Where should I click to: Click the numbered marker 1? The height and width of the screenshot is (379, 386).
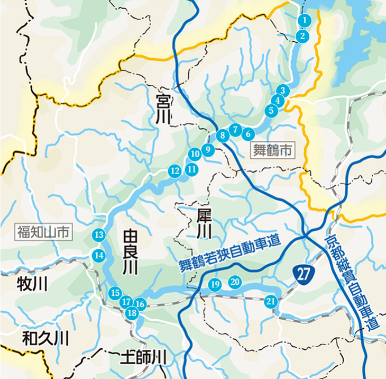(305, 20)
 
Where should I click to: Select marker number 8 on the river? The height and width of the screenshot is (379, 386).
(223, 135)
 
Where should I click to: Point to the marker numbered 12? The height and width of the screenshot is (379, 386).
(174, 170)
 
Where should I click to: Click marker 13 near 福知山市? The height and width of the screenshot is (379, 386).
(99, 234)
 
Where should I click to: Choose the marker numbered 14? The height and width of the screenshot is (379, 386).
(99, 255)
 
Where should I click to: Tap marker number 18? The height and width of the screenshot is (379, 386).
(132, 313)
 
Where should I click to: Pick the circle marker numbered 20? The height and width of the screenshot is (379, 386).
(235, 282)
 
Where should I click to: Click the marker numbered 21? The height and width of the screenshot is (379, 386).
(271, 302)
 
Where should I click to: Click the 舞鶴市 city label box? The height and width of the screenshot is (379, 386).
(271, 150)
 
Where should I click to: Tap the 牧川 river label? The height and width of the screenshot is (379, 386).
(32, 283)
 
